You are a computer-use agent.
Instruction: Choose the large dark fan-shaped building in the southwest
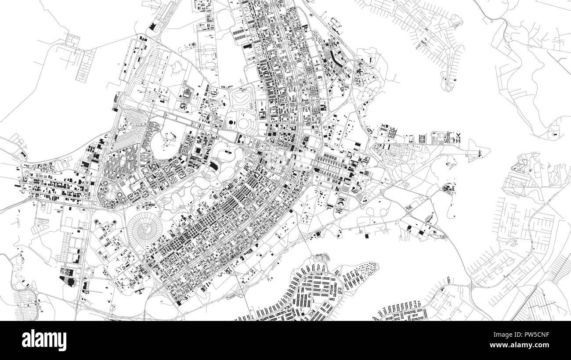tap(68, 280)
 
